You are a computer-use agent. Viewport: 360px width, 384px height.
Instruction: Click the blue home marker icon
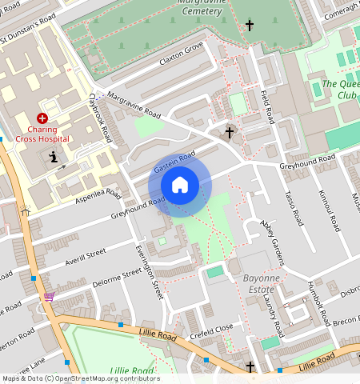tap(180, 186)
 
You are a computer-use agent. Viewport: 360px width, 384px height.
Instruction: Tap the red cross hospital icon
tap(42, 118)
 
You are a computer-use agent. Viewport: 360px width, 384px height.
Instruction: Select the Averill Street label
tap(85, 254)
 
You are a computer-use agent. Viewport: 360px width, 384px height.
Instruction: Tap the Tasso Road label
tap(292, 207)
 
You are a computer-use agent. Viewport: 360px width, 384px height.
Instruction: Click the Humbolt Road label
tap(316, 305)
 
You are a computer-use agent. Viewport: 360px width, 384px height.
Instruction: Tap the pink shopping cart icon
tap(49, 296)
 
